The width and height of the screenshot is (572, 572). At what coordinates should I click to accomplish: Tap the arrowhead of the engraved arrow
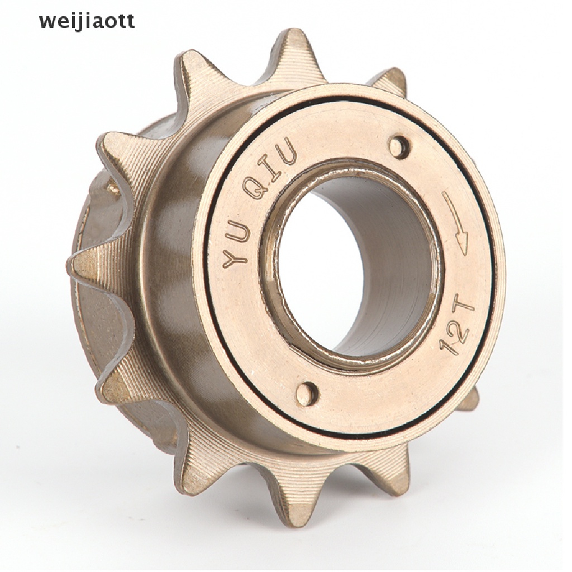click(461, 246)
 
